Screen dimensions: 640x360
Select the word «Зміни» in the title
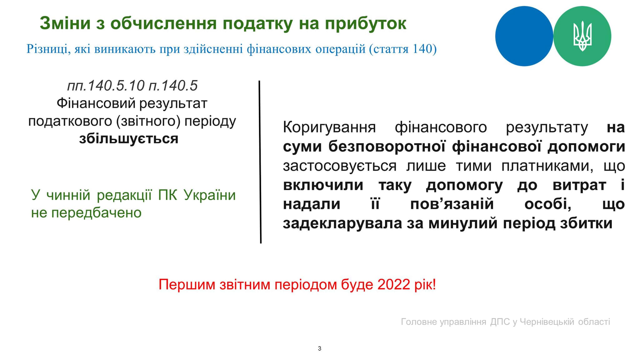pyautogui.click(x=65, y=23)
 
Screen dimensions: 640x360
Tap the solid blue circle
pyautogui.click(x=524, y=36)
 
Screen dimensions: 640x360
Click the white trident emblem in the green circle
pyautogui.click(x=582, y=36)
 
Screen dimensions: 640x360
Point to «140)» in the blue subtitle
pyautogui.click(x=424, y=49)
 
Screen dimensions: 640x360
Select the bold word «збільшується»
pyautogui.click(x=129, y=138)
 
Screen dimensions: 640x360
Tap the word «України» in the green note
pyautogui.click(x=209, y=195)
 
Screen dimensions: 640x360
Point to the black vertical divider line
pyautogui.click(x=260, y=162)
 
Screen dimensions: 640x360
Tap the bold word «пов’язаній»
pyautogui.click(x=452, y=204)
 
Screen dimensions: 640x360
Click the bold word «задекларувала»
pyautogui.click(x=342, y=224)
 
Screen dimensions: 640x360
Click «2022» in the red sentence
pyautogui.click(x=393, y=284)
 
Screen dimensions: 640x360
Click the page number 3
pyautogui.click(x=319, y=348)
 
